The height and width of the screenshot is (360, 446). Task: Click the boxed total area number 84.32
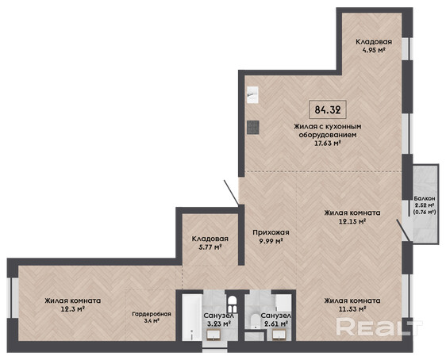[328, 109]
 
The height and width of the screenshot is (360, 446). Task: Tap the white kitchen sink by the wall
[252, 95]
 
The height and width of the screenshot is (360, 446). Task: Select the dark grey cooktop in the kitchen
[253, 128]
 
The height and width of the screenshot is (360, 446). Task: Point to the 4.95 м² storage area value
[374, 51]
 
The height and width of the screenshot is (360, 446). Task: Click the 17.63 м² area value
[328, 144]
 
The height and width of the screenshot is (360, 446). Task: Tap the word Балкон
[424, 198]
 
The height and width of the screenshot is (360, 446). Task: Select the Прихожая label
[271, 232]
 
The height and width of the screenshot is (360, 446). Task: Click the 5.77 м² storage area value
[210, 247]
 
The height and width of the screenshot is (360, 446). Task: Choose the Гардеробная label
[152, 314]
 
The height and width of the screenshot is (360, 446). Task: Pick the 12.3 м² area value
[73, 309]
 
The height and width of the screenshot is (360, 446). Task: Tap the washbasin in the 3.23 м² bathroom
[214, 335]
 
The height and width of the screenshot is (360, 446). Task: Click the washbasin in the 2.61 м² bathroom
[280, 335]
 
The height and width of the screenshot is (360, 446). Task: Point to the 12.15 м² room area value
[352, 221]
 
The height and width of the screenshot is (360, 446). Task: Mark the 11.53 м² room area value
[352, 309]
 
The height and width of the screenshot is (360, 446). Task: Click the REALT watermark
[379, 327]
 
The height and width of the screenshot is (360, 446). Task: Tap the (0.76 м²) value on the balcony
[425, 212]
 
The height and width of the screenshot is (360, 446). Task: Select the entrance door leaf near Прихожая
[232, 193]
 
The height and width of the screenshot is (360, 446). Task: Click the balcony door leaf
[404, 230]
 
